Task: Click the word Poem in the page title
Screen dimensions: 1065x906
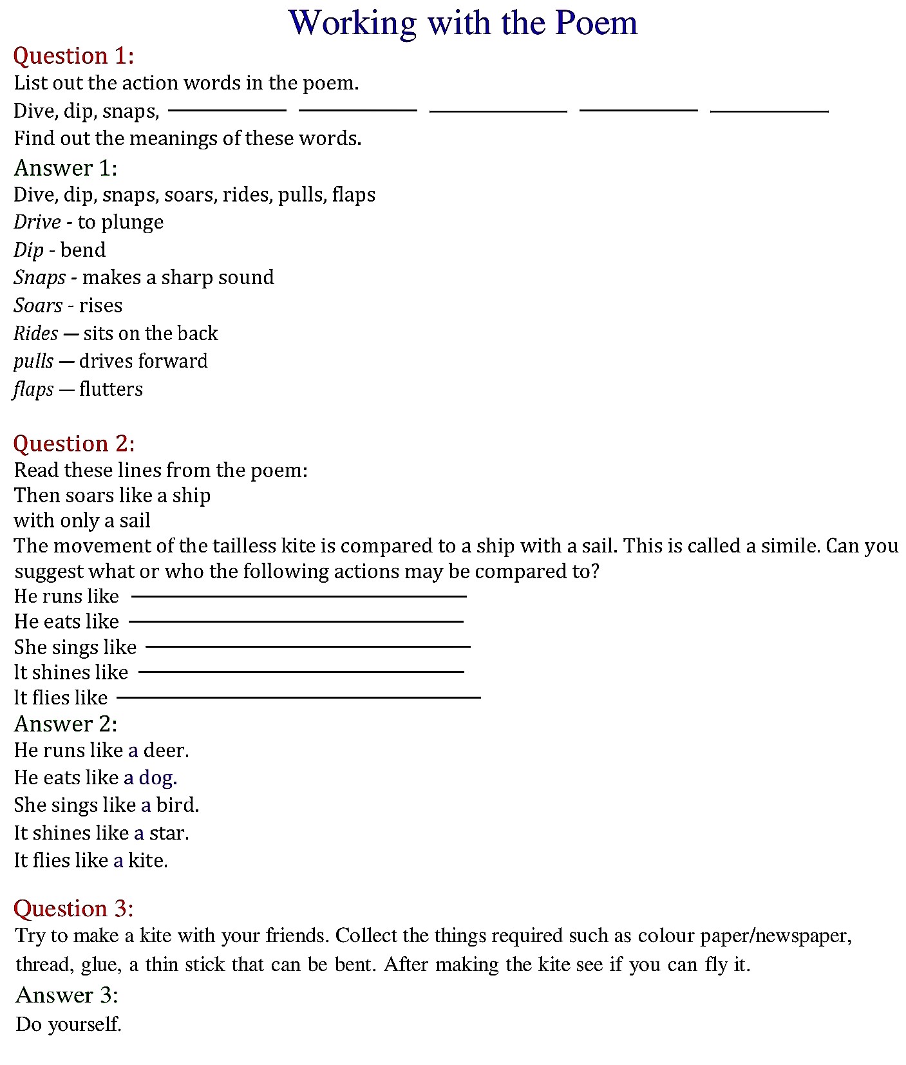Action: pos(596,23)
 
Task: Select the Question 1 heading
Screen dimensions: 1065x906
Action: pos(73,56)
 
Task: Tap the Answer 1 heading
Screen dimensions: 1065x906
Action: pos(66,168)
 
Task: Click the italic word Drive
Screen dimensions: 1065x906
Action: pos(37,222)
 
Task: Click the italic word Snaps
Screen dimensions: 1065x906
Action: pos(39,278)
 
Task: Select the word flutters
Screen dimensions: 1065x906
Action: pos(111,389)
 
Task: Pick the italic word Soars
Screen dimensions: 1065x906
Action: pos(38,305)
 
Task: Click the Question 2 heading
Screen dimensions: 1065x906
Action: pos(74,444)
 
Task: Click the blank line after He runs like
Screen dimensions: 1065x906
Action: pos(299,597)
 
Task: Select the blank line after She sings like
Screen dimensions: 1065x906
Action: pos(308,646)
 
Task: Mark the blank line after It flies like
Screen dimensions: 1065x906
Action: pos(299,697)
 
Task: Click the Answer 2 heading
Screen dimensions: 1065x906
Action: pos(66,724)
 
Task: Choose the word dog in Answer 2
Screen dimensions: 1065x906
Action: pos(156,778)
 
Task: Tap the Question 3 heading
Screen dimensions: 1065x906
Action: pos(73,909)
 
